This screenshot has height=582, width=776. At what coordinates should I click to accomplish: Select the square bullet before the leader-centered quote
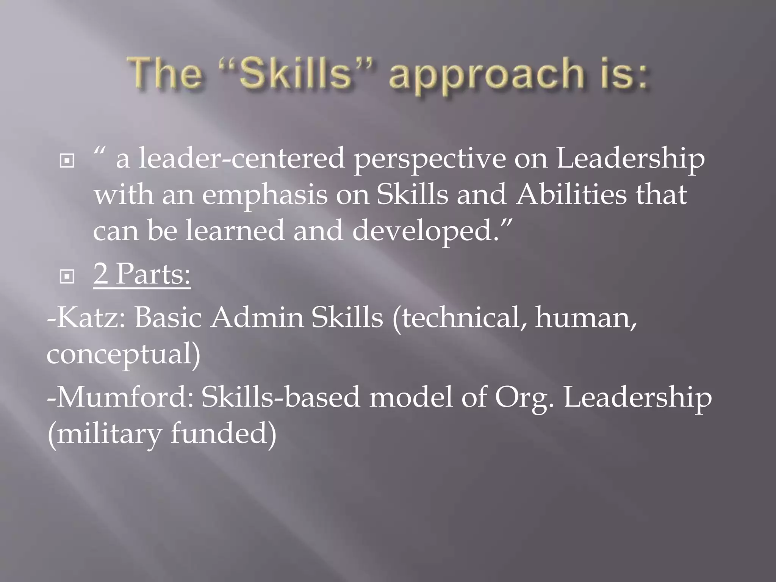[x=67, y=161]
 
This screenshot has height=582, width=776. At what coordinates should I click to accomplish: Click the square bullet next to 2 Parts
[x=67, y=277]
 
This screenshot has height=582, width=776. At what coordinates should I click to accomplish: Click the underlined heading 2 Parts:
[x=142, y=274]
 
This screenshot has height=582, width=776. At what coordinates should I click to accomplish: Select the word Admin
[x=257, y=317]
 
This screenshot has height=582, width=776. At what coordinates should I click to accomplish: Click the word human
[x=585, y=318]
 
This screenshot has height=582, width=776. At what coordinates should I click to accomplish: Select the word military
[x=108, y=434]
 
